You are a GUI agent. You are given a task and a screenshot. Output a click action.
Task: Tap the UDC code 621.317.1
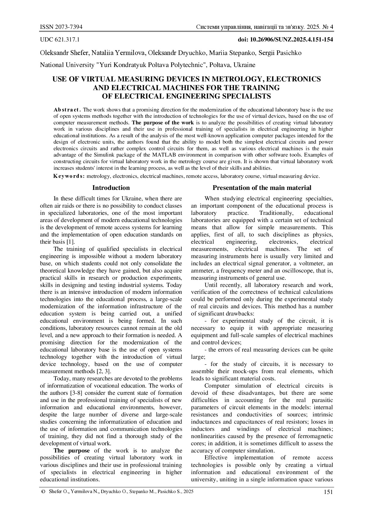(x=67, y=39)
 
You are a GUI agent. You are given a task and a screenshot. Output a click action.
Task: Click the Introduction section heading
(x=111, y=188)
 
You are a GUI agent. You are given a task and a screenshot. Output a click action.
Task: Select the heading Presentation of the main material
(x=262, y=188)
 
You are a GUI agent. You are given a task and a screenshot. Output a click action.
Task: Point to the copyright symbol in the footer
(x=43, y=492)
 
